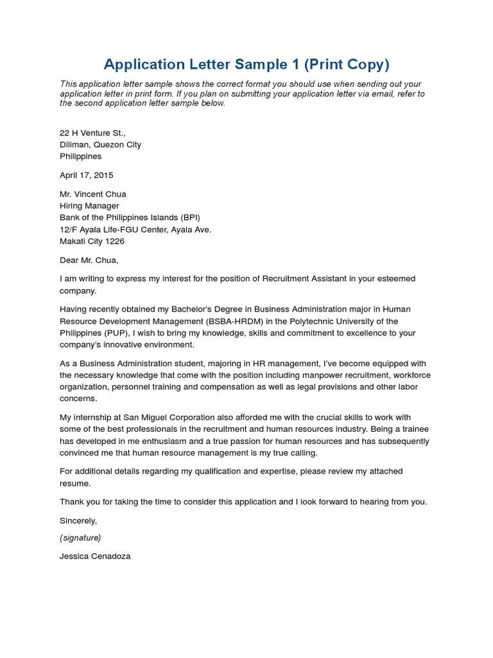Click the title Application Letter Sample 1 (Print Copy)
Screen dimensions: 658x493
tap(246, 64)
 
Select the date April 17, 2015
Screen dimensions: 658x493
tap(86, 175)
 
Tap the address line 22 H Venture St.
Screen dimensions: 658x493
tap(92, 133)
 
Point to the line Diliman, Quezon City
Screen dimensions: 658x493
tap(100, 145)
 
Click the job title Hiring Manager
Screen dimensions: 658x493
tap(89, 206)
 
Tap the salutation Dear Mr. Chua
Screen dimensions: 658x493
tap(89, 260)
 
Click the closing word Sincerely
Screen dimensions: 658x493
tap(78, 520)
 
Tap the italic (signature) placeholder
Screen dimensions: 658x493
tap(80, 537)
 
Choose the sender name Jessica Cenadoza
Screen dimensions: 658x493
tap(95, 556)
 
